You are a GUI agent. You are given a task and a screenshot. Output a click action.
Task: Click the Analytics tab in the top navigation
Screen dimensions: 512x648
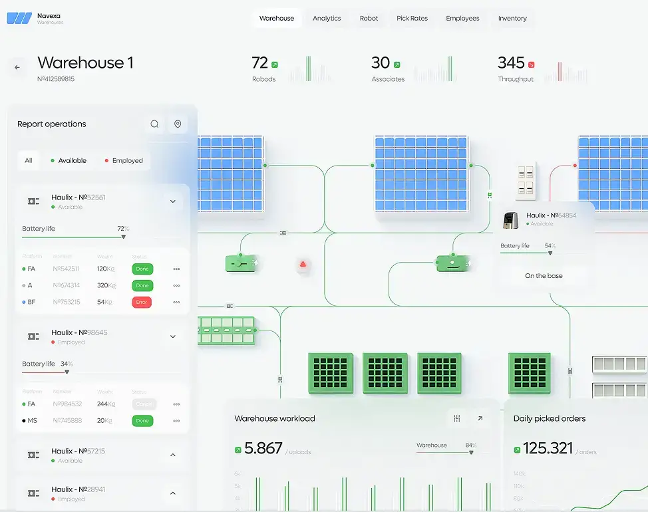[x=327, y=19]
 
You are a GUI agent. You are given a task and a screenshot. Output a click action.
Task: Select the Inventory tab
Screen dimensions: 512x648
[x=512, y=19]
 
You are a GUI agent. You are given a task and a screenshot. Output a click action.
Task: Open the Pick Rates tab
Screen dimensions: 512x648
[x=412, y=19]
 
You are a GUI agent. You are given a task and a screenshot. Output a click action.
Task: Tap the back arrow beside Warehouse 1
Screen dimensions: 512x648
[x=17, y=67]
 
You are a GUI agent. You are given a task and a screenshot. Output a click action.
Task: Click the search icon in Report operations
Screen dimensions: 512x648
[x=154, y=124]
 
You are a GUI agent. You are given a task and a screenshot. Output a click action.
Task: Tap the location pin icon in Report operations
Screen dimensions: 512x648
[x=178, y=124]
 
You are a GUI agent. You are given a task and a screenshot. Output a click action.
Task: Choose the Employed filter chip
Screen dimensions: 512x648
[x=124, y=160]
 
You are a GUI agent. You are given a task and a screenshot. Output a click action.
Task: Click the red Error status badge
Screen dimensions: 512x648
[x=142, y=302]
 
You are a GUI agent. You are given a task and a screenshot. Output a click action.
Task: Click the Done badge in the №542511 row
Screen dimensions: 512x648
[x=142, y=269]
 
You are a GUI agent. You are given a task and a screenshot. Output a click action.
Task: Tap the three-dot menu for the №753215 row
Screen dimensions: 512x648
[x=176, y=302]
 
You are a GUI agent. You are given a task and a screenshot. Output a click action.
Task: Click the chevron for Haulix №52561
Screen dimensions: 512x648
[x=173, y=201]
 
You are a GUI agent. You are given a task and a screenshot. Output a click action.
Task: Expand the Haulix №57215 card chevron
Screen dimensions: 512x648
[x=173, y=455]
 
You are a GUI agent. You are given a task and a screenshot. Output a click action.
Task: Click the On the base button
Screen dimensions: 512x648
[x=544, y=275]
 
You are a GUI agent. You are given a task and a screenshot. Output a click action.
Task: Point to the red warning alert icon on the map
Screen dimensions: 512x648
[x=303, y=265]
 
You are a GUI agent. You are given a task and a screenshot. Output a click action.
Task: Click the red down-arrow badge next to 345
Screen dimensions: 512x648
[x=531, y=64]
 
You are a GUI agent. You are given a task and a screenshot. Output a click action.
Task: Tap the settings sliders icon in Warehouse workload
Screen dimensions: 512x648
[x=456, y=418]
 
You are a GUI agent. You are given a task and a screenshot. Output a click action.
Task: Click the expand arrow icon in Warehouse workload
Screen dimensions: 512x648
[x=480, y=418]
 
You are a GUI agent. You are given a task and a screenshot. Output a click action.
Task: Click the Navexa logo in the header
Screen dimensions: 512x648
[x=19, y=19]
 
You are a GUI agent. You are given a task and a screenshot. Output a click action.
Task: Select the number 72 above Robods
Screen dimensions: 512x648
[x=259, y=63]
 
